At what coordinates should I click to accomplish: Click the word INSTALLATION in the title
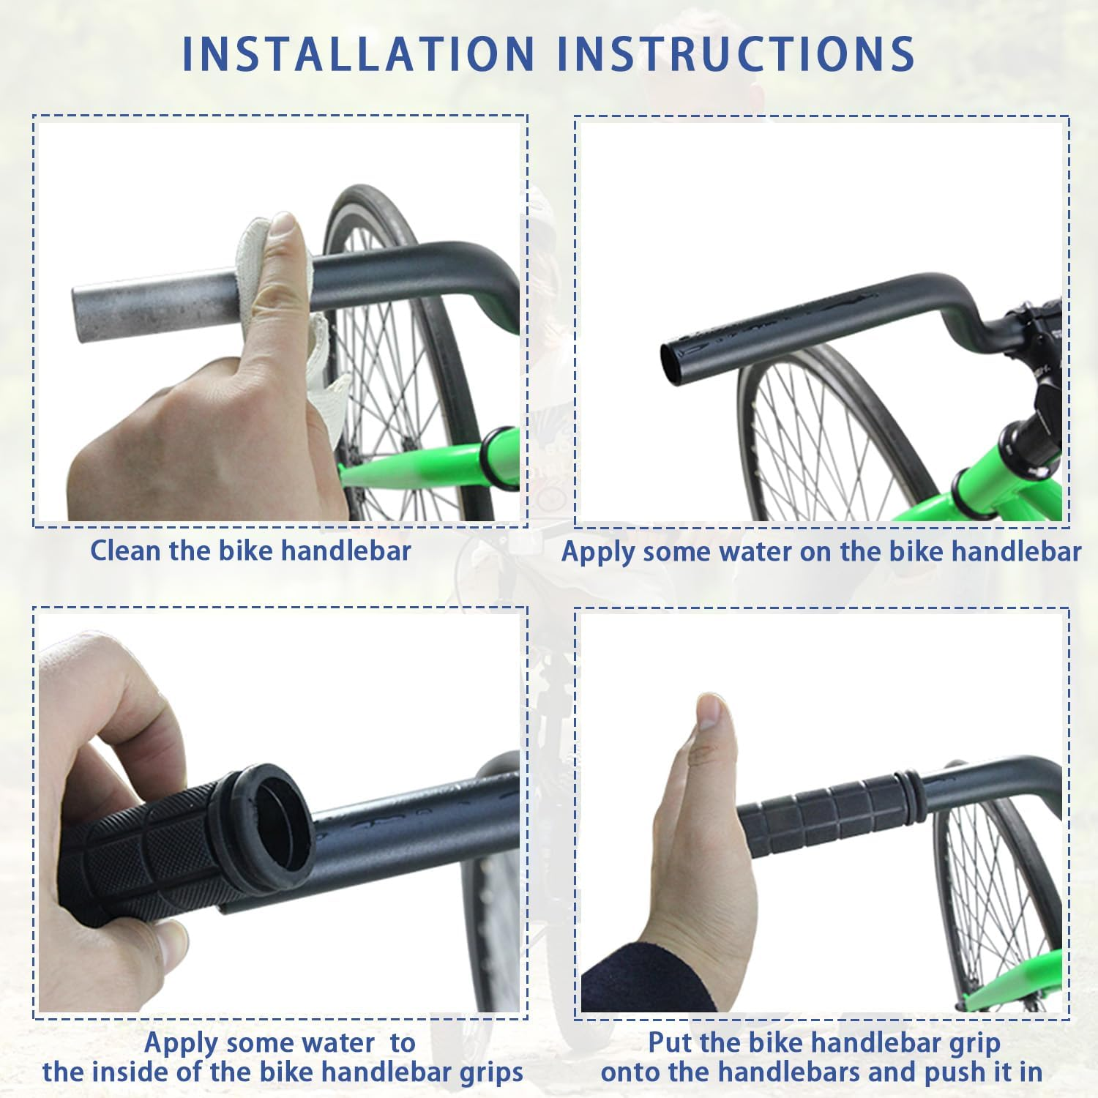click(358, 53)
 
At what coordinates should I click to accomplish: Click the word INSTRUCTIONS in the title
click(736, 53)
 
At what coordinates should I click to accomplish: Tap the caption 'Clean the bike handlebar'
click(250, 550)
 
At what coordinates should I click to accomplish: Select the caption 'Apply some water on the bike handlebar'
click(821, 551)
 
